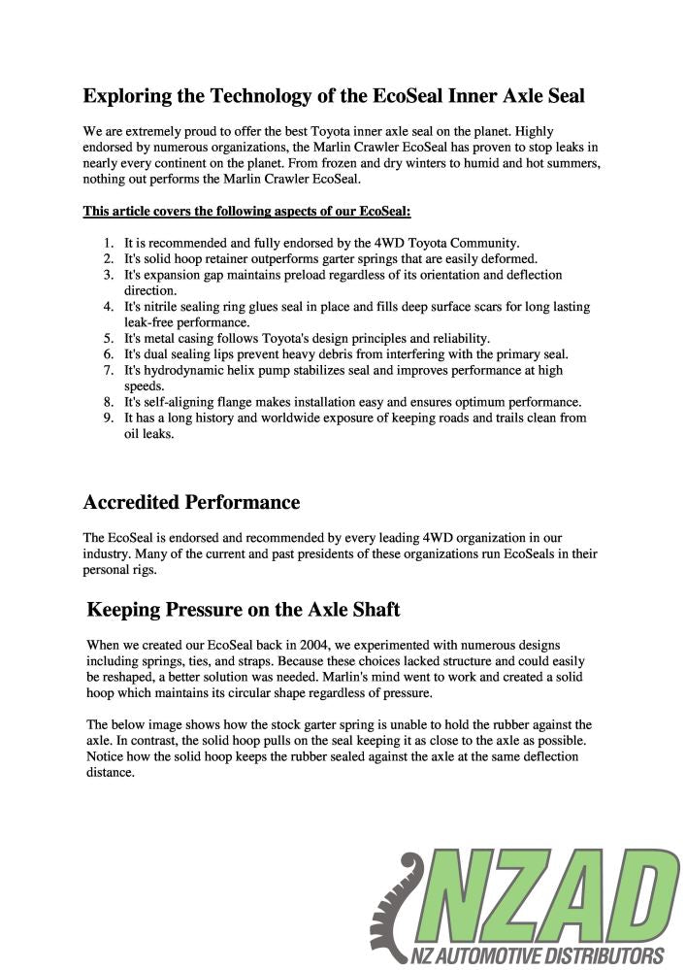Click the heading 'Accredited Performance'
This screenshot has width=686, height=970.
(191, 502)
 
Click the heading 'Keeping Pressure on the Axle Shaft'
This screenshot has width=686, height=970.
(243, 610)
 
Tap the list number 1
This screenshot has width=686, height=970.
(108, 243)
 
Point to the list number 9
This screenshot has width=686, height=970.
(108, 418)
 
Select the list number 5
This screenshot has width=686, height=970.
(108, 338)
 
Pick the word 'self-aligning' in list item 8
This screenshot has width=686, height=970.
(179, 402)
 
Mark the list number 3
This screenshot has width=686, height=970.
(108, 275)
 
